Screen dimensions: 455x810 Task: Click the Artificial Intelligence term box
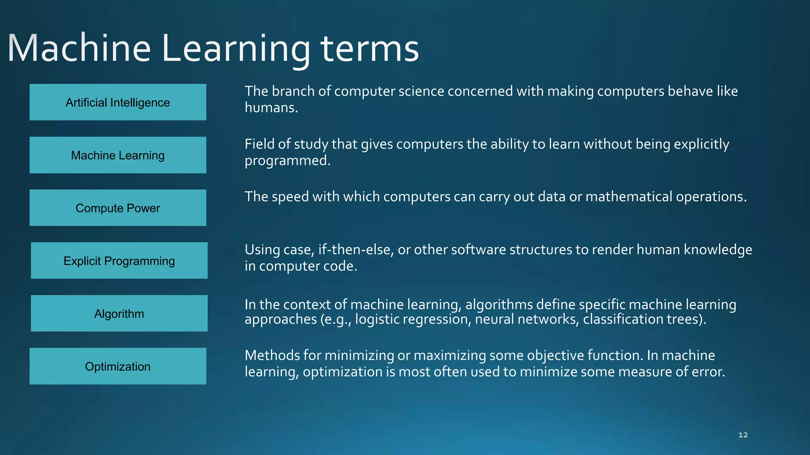coord(117,102)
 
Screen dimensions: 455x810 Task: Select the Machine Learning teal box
coord(117,155)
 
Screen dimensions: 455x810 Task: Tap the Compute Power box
coord(117,208)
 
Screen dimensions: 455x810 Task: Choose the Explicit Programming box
coord(119,261)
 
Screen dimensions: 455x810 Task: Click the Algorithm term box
coord(119,313)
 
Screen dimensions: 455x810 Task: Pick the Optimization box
coord(117,366)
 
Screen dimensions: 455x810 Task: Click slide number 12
coord(743,435)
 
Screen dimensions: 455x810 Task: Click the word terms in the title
coord(369,49)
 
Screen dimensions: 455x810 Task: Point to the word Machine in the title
coord(79,49)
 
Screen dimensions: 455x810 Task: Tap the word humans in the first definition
coord(271,108)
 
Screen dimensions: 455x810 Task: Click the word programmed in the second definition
coord(287,161)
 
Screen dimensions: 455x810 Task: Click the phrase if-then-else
coord(356,250)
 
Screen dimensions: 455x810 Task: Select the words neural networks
coord(526,319)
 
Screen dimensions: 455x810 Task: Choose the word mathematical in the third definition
coord(628,197)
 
